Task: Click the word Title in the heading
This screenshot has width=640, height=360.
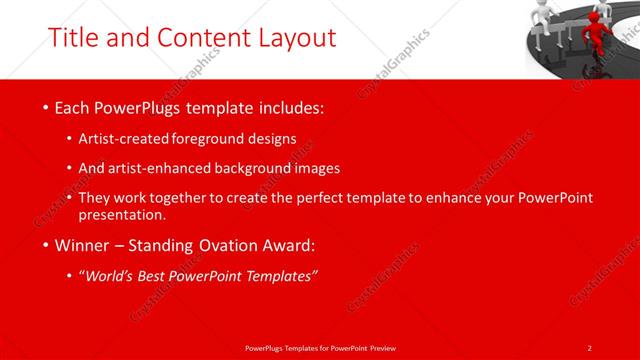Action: (x=74, y=37)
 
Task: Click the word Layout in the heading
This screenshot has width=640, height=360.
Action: (x=292, y=37)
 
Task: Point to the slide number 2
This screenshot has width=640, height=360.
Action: (x=590, y=347)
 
